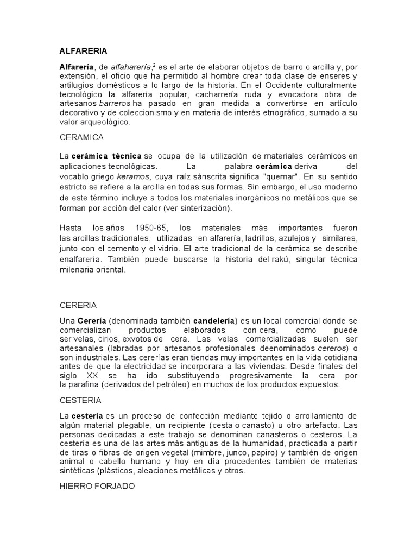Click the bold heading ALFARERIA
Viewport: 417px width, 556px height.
coord(83,51)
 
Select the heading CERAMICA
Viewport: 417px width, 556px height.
coord(81,138)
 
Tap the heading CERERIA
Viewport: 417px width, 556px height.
coord(78,305)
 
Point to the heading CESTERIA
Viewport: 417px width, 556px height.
coord(80,400)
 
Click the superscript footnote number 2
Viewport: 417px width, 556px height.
coord(154,65)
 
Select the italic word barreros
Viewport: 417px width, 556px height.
coord(115,103)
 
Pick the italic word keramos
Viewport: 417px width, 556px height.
coord(133,176)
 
